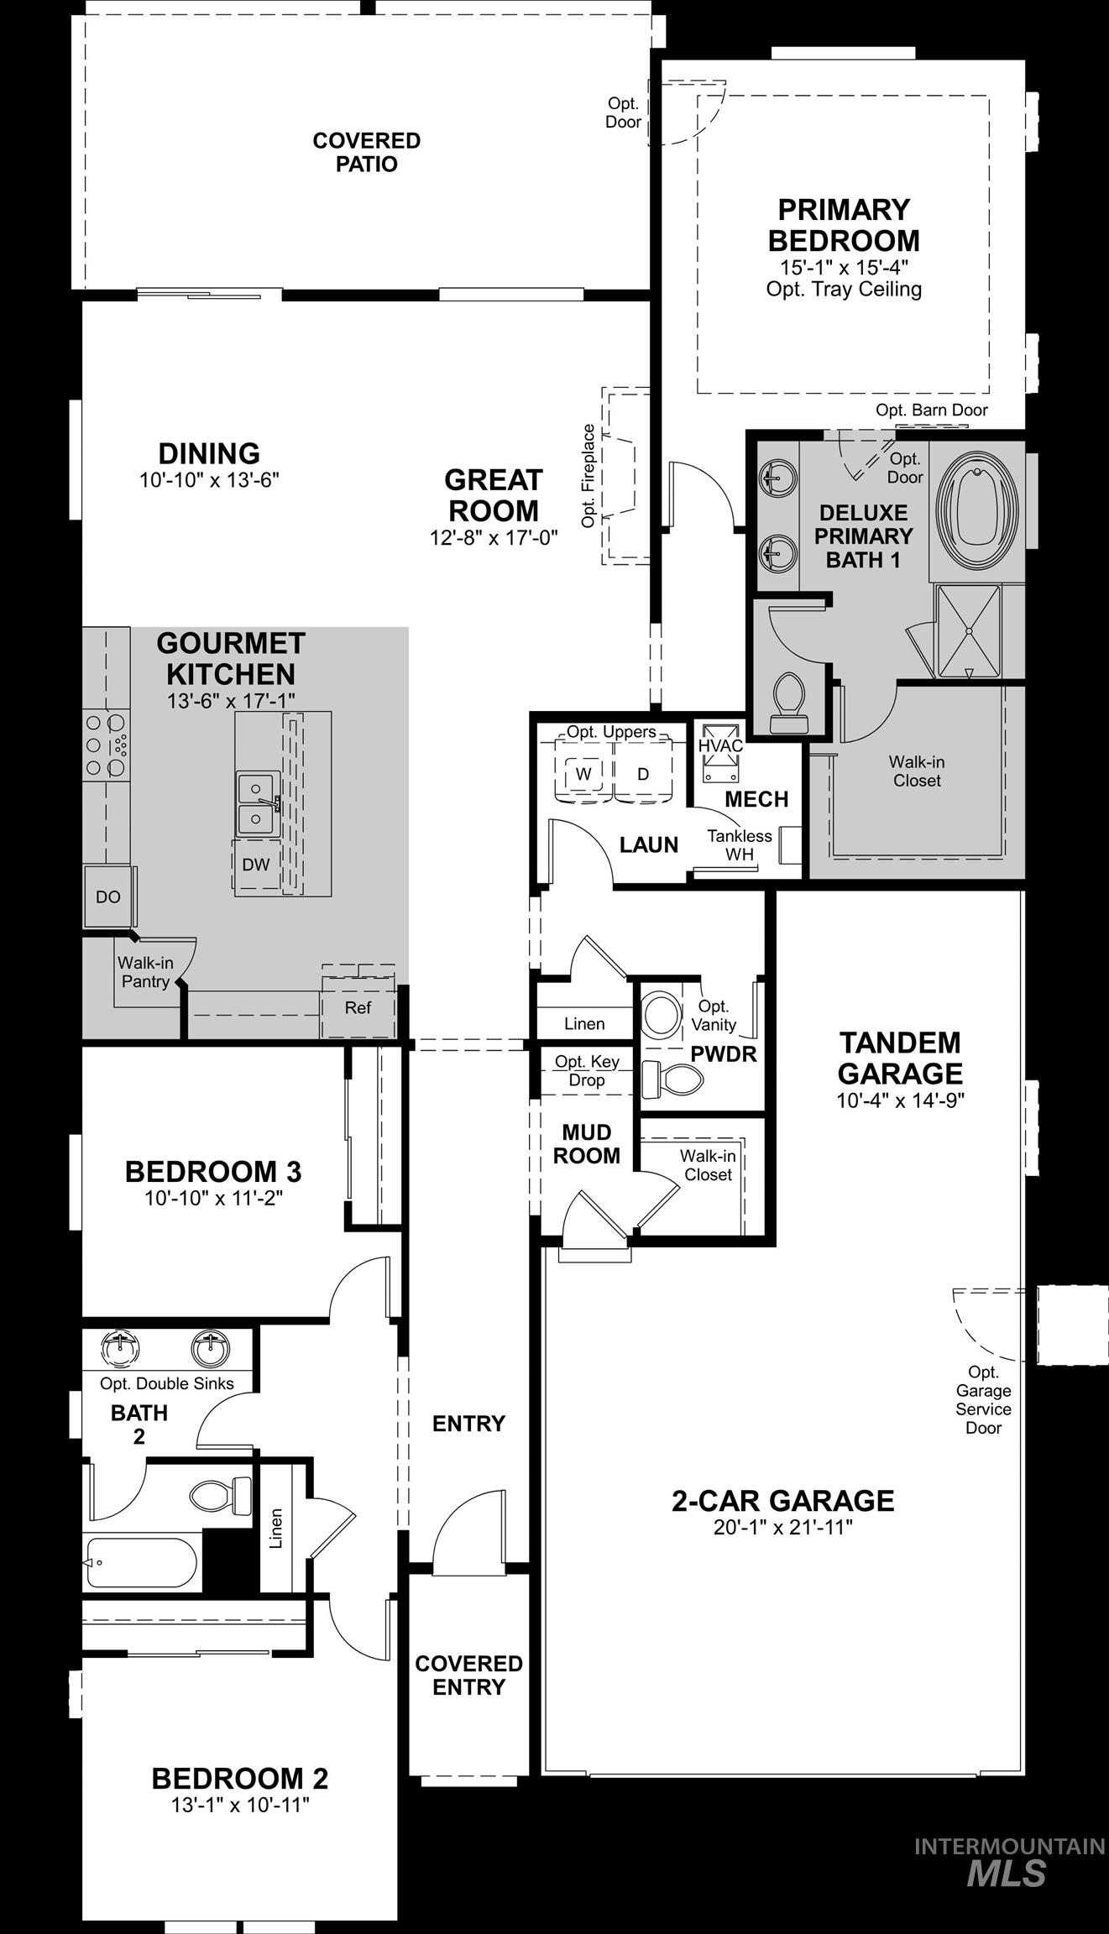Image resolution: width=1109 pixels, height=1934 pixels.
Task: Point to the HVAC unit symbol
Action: coord(721,745)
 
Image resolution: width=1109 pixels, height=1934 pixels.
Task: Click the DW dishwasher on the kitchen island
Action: coord(255,865)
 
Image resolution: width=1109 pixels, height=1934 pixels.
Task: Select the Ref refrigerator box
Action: coord(358,1007)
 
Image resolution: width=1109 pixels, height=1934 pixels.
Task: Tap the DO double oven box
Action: coord(108,896)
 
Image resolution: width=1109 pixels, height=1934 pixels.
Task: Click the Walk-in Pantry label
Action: coord(144,972)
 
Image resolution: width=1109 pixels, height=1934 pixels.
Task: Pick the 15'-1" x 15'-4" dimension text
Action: coord(844,267)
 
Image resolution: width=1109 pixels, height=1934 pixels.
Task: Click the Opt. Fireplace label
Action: coord(589,476)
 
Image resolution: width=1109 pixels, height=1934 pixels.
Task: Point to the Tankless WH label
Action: coord(739,844)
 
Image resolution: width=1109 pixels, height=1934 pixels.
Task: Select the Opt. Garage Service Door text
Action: coord(983,1399)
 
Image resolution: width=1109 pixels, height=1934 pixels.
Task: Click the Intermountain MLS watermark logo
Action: coord(1008,1863)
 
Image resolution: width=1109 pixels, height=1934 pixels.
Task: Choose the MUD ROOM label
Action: coord(586,1144)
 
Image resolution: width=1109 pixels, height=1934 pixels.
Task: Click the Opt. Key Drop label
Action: coord(586,1070)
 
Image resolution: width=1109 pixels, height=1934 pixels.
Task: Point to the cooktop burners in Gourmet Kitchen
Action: coord(106,744)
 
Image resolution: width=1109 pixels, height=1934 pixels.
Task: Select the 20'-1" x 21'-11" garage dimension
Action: coord(782,1527)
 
